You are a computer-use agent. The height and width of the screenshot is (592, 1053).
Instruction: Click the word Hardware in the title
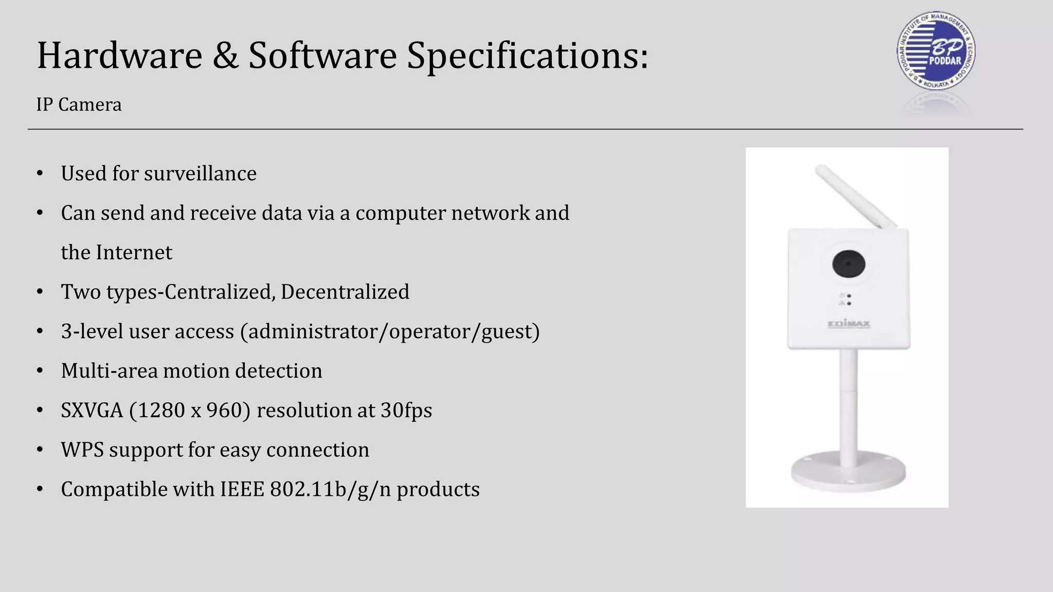pos(119,55)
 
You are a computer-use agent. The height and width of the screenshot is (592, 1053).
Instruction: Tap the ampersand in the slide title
pos(225,55)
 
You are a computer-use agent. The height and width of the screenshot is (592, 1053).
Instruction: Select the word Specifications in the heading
pos(528,55)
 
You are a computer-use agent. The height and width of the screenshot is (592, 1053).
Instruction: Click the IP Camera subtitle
pos(79,105)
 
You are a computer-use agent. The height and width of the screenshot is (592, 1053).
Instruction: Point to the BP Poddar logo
pos(935,51)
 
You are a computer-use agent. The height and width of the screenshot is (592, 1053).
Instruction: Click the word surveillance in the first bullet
pos(200,174)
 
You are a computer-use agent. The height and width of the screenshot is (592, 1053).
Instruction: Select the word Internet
pos(134,252)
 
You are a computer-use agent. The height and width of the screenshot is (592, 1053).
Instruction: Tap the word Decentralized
pos(344,292)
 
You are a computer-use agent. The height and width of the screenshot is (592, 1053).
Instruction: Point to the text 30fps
pos(406,411)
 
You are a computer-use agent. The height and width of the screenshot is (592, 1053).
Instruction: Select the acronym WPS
pos(82,450)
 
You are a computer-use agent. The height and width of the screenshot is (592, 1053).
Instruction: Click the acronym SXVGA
pos(92,411)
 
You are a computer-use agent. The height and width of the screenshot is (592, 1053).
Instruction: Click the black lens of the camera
pos(848,265)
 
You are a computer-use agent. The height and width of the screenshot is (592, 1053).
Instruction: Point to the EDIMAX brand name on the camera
pos(849,324)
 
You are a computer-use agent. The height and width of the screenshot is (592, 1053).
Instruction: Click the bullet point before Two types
pos(40,292)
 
